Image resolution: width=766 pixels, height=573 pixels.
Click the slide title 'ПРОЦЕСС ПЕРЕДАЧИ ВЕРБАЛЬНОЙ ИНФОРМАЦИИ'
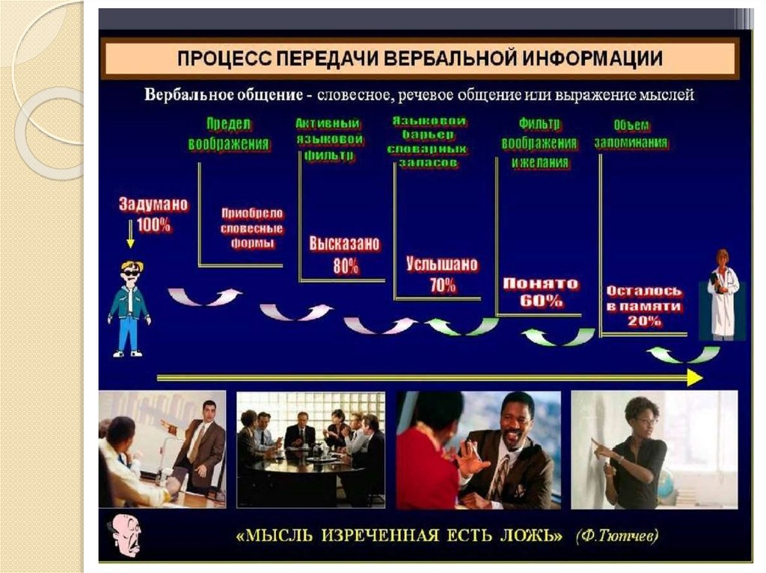click(418, 59)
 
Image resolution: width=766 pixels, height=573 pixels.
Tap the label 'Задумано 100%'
click(153, 214)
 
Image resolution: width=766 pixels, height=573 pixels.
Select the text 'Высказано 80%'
click(345, 255)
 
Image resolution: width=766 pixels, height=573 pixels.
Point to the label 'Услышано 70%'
click(442, 275)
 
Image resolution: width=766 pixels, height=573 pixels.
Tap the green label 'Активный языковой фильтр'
click(329, 140)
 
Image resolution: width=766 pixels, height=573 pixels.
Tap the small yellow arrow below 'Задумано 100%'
click(130, 240)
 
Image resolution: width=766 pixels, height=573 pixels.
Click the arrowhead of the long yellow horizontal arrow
click(694, 379)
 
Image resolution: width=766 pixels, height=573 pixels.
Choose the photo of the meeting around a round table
click(310, 449)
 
